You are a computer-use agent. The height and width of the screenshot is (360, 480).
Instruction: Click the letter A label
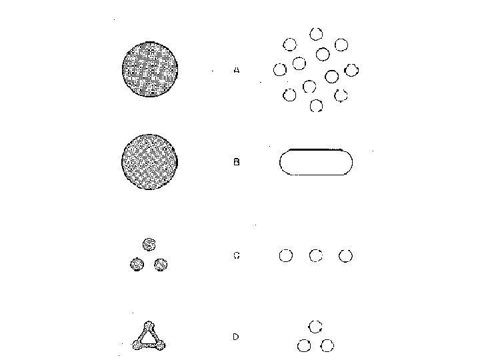(x=237, y=69)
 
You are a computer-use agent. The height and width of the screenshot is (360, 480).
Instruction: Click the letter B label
(x=237, y=162)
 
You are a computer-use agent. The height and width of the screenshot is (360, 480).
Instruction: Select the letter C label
(x=236, y=255)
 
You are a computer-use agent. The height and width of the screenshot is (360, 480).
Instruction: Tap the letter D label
(x=236, y=337)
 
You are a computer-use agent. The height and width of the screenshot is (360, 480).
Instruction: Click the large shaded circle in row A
(x=150, y=69)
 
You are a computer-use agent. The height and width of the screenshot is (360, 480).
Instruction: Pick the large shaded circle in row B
(x=150, y=162)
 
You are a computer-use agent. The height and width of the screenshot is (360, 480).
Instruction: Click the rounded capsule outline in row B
(x=316, y=162)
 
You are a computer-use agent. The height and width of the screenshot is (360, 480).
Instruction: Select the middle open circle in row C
(x=316, y=255)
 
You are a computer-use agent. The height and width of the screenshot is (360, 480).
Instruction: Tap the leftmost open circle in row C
(x=285, y=255)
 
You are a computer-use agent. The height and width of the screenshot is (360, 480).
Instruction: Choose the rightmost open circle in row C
(x=345, y=255)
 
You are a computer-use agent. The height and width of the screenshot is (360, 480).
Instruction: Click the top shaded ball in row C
(x=149, y=243)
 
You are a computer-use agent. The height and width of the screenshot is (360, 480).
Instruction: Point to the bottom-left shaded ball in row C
(x=137, y=265)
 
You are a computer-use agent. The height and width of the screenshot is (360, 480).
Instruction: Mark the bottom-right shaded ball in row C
(x=160, y=265)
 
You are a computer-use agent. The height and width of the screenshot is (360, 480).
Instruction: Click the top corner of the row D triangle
(x=149, y=326)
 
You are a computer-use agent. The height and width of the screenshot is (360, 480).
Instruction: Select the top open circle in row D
(x=316, y=326)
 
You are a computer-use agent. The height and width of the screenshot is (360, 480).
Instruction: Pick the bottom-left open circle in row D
(x=304, y=345)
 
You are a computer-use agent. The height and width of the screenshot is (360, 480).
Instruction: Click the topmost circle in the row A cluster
(x=316, y=33)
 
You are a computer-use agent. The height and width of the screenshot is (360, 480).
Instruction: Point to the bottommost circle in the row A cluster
(x=317, y=105)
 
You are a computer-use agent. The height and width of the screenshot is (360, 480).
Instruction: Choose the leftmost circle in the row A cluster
(x=280, y=69)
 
